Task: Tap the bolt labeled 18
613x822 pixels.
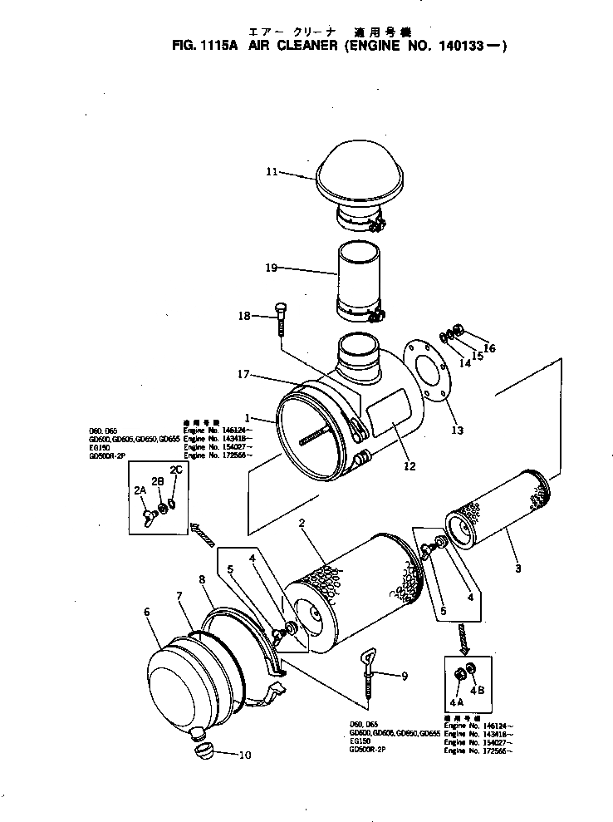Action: [281, 320]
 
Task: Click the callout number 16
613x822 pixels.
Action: [489, 348]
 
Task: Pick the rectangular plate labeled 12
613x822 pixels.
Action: [391, 418]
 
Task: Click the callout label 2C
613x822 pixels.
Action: [175, 470]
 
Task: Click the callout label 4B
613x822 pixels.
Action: [477, 690]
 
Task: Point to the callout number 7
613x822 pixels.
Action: [179, 596]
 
